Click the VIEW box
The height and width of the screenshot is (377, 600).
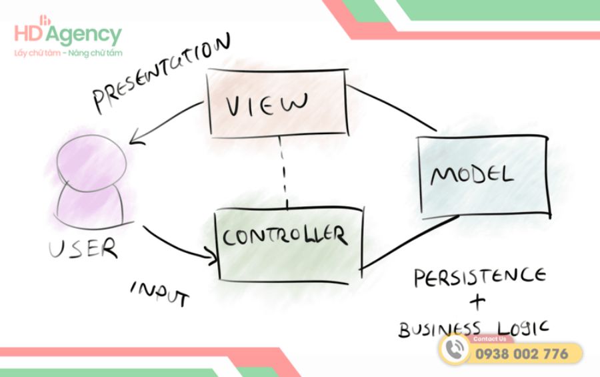(276, 103)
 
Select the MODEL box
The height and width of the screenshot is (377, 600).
(484, 176)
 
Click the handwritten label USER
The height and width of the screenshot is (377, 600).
(83, 248)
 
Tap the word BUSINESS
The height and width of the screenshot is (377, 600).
(439, 329)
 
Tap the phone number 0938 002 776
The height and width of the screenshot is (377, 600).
(522, 354)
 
